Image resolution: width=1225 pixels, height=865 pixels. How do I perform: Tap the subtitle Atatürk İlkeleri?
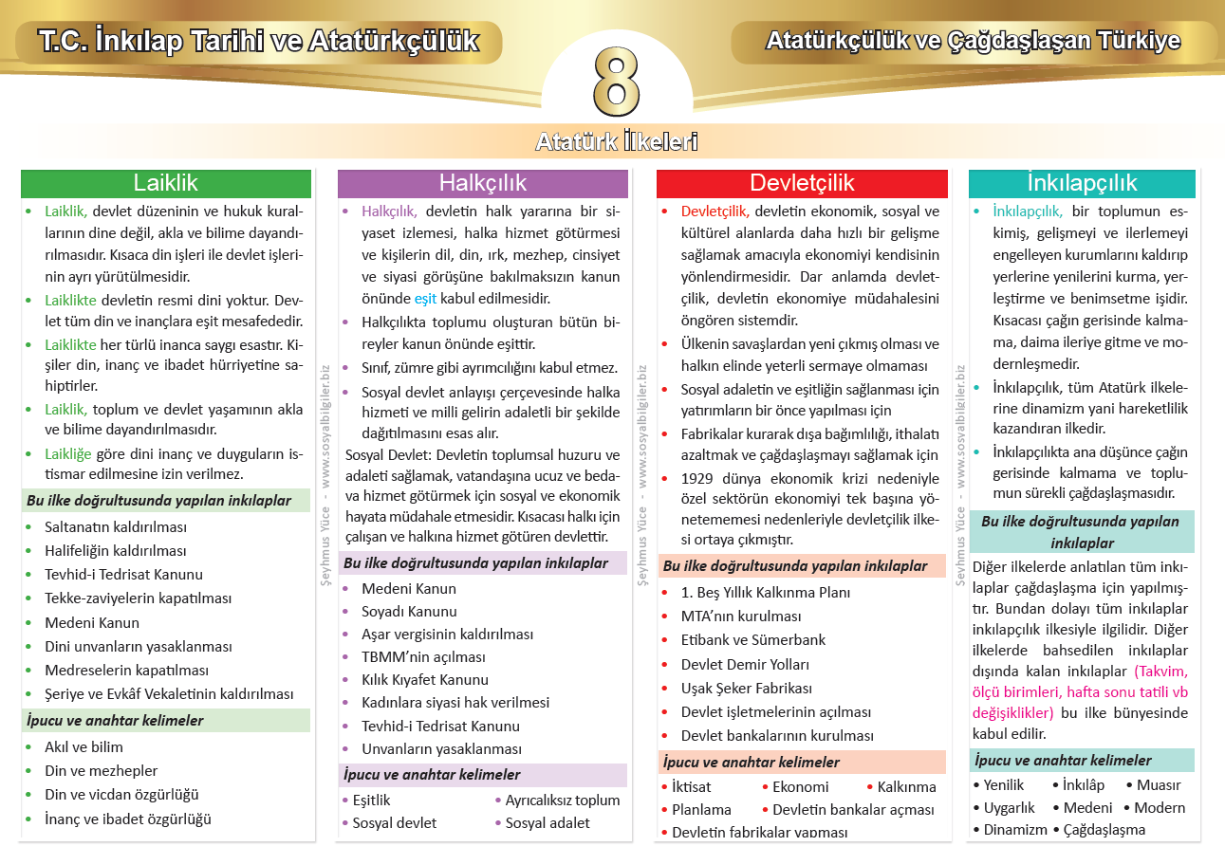point(617,142)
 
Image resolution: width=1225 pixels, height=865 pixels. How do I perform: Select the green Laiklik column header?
point(166,183)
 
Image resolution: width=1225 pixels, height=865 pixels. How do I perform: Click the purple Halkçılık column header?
point(482,183)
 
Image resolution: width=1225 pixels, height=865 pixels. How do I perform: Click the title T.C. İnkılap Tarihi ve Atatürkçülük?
point(259,42)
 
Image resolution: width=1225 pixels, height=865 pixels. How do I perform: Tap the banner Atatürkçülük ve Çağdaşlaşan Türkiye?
point(973,41)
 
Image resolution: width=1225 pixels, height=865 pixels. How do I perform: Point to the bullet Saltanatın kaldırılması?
point(116,526)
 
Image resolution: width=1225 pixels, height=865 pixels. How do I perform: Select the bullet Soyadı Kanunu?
point(409,612)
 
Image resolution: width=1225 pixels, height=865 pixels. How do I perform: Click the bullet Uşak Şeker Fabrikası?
point(747,688)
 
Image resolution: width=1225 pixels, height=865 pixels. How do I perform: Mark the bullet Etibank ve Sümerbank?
point(753,639)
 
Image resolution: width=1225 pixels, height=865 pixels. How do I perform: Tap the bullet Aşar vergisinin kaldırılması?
point(447,635)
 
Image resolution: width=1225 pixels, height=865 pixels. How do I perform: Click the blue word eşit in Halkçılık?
point(425,299)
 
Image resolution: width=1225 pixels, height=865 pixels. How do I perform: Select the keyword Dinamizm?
point(1015,830)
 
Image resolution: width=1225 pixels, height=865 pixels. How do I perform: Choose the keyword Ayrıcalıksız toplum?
point(563,800)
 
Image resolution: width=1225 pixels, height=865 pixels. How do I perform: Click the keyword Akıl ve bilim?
point(84,746)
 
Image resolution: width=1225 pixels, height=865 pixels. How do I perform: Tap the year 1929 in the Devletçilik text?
point(699,478)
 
